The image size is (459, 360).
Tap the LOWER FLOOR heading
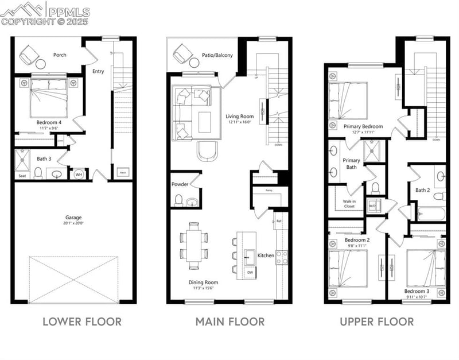pyautogui.click(x=82, y=321)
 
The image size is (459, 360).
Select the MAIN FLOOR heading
pyautogui.click(x=229, y=321)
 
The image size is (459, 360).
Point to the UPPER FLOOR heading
pyautogui.click(x=376, y=321)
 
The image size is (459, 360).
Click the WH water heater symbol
pyautogui.click(x=78, y=172)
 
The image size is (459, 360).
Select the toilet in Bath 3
pyautogui.click(x=38, y=172)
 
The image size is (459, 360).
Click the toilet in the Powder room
pyautogui.click(x=178, y=200)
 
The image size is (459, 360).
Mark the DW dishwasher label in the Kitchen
pyautogui.click(x=250, y=272)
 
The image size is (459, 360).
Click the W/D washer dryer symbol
pyautogui.click(x=372, y=204)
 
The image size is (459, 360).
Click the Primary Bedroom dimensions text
pyautogui.click(x=359, y=132)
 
